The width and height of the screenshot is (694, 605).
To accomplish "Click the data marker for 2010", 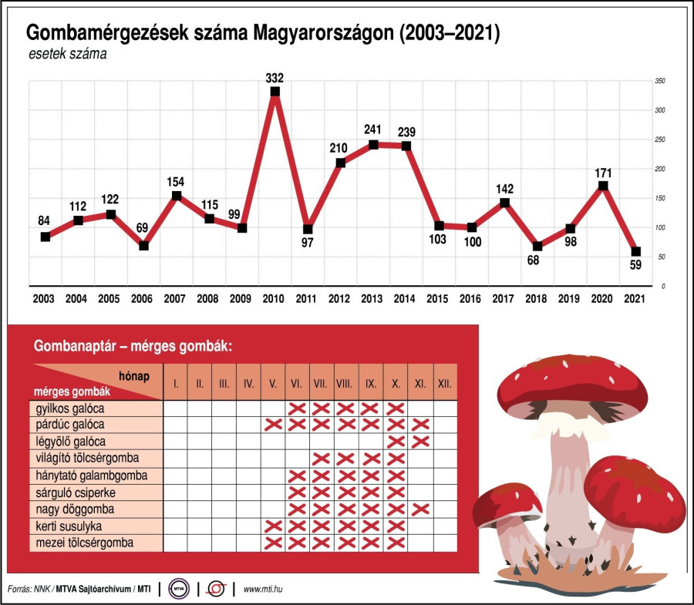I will click(x=275, y=92).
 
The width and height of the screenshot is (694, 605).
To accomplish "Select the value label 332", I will click(x=275, y=78).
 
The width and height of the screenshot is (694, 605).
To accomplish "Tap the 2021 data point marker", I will click(x=635, y=251).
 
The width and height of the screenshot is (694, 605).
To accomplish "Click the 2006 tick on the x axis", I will click(x=143, y=298).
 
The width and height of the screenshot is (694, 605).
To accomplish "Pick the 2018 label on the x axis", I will click(x=537, y=298).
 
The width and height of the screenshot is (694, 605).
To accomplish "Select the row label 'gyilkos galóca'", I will click(x=70, y=408).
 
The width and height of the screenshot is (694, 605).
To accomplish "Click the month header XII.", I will click(x=444, y=382).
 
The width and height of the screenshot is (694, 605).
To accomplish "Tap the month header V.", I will click(x=273, y=382).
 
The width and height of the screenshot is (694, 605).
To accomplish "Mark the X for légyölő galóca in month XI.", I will click(x=419, y=442).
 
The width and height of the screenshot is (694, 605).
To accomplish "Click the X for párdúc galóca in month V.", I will click(x=273, y=425).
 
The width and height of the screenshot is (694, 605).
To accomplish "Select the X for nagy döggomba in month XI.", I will click(x=419, y=509).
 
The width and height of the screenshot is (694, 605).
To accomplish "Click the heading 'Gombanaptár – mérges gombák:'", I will click(x=132, y=347).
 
